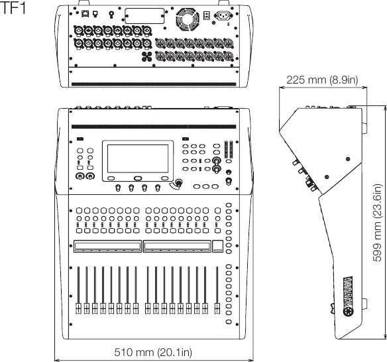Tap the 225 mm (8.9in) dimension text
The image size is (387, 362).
[320, 81]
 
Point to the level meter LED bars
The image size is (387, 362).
[229, 151]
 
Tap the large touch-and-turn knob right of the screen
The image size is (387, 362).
[177, 184]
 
